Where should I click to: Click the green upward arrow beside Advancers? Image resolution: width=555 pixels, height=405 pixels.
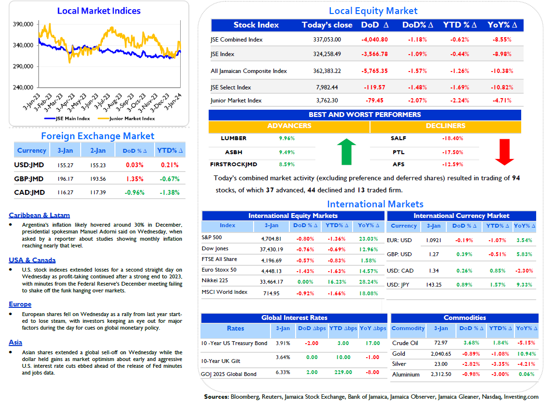[346, 152]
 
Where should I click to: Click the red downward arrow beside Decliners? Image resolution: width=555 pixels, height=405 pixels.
[504, 152]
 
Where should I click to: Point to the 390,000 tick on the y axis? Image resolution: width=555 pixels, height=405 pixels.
[23, 25]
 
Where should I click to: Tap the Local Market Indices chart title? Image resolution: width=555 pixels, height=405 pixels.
[99, 11]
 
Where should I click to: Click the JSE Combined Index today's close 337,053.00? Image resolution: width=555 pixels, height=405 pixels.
[327, 40]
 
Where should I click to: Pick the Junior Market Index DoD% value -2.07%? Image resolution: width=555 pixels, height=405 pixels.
[417, 101]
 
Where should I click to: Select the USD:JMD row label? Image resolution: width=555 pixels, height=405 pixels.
[29, 165]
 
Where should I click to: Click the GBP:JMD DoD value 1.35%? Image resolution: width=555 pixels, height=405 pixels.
[135, 179]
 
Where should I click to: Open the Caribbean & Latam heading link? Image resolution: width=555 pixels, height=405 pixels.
[39, 215]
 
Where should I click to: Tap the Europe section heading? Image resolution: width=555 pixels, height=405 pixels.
[20, 304]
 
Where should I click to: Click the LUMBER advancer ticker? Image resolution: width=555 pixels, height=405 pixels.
[234, 138]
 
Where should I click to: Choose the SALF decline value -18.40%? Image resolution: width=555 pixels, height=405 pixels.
[452, 138]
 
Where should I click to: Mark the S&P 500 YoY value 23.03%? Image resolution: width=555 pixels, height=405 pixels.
[369, 239]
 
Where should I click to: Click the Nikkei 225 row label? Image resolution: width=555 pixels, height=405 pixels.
[215, 280]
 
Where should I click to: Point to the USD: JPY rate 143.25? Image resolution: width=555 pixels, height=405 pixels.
[434, 285]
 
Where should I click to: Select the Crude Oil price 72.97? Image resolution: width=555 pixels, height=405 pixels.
[441, 343]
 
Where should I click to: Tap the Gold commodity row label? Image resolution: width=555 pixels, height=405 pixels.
[398, 354]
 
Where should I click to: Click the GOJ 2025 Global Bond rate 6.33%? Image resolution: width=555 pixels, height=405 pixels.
[283, 372]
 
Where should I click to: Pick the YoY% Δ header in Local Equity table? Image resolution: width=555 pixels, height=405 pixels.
[502, 25]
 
